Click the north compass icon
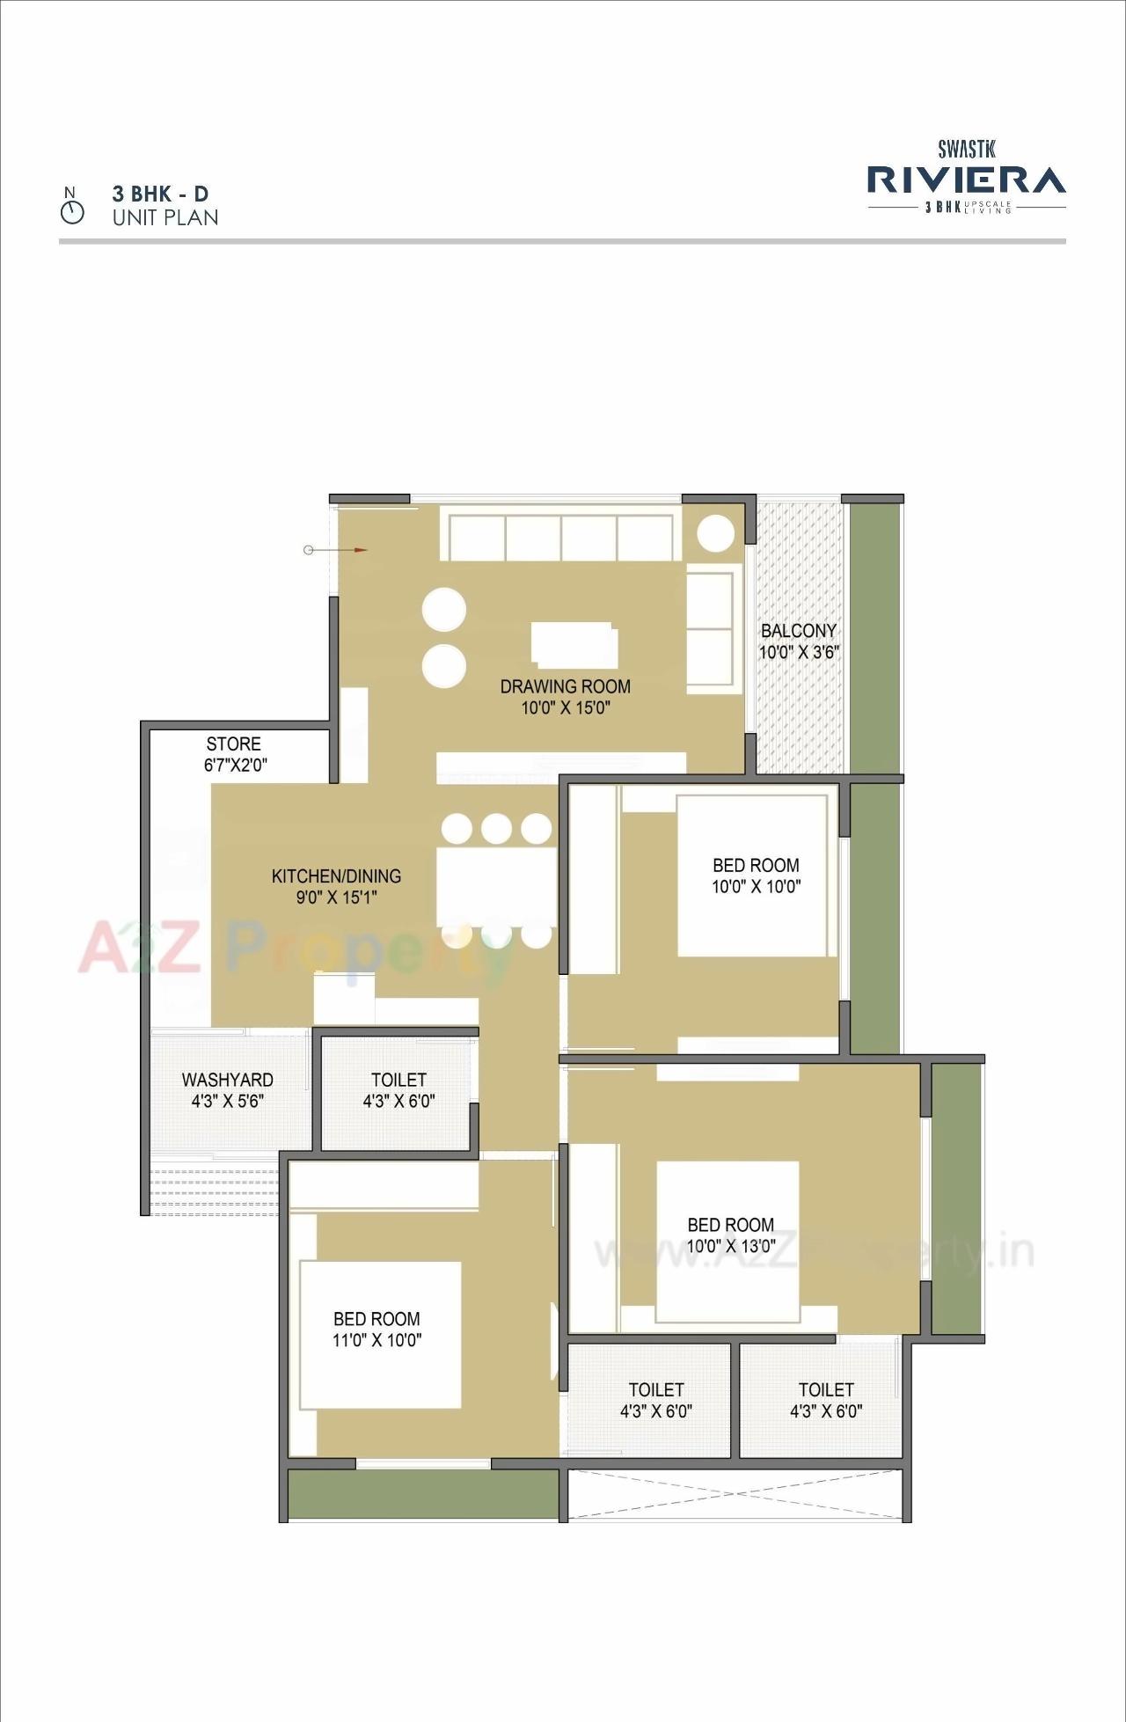tap(72, 211)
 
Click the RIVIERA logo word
tap(966, 180)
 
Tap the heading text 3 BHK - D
tap(160, 194)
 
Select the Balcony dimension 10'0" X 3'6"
tap(799, 652)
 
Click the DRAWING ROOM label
tap(565, 686)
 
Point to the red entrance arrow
tap(359, 550)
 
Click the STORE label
tap(233, 744)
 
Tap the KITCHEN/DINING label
tap(336, 876)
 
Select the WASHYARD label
tap(227, 1079)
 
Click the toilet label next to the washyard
tap(398, 1079)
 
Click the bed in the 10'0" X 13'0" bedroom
tap(728, 1241)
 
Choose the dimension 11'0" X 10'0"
tap(377, 1340)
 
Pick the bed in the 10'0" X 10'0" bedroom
tap(753, 875)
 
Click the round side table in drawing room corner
tap(715, 533)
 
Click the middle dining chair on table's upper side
tap(496, 829)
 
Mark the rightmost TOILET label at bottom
tap(825, 1389)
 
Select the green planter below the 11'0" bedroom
tap(422, 1493)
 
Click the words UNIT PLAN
tap(165, 217)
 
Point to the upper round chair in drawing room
tap(443, 609)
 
